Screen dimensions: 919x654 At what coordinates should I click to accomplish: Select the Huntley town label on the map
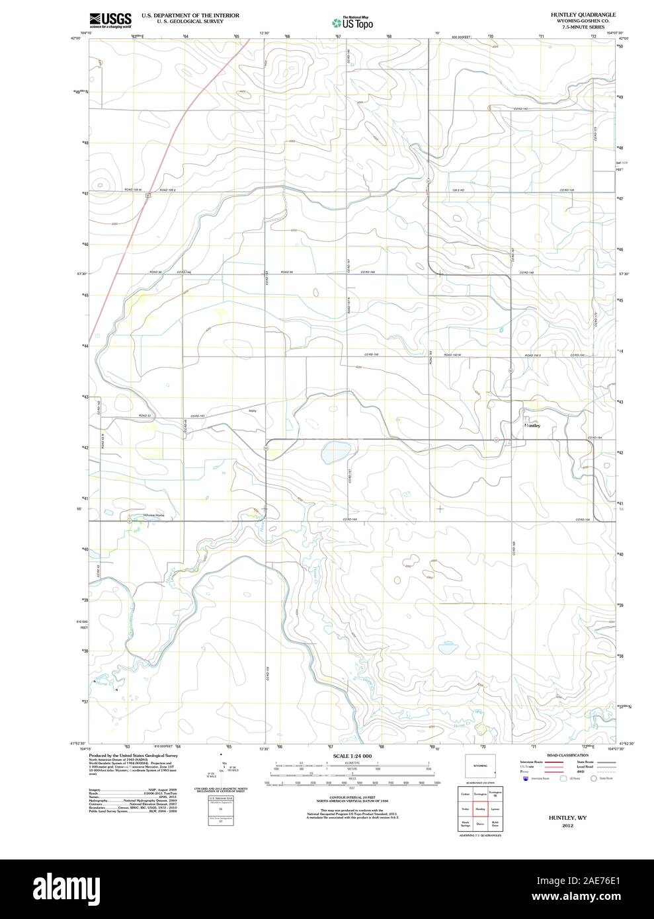(x=532, y=426)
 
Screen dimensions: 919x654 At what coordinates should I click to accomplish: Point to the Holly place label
(x=252, y=411)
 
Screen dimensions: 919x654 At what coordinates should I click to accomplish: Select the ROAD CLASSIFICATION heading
(x=567, y=755)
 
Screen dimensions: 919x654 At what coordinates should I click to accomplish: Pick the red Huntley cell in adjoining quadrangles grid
(x=480, y=808)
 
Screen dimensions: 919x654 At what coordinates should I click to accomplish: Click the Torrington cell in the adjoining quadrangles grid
(x=480, y=792)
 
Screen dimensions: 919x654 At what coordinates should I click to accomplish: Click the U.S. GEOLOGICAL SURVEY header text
(x=190, y=21)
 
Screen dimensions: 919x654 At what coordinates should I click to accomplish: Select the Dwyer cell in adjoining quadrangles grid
(x=480, y=824)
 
